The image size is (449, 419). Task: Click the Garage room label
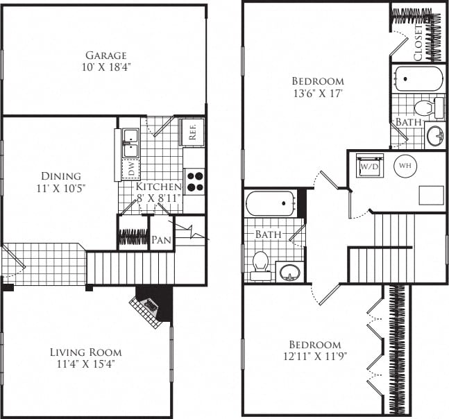pyautogui.click(x=106, y=55)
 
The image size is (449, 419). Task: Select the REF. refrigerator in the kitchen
pyautogui.click(x=192, y=131)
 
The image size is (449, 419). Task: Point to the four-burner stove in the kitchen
pyautogui.click(x=195, y=180)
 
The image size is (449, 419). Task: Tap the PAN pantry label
pyautogui.click(x=162, y=240)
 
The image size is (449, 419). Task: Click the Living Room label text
pyautogui.click(x=86, y=352)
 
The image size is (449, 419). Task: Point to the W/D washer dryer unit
pyautogui.click(x=368, y=166)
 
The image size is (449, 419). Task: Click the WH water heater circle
pyautogui.click(x=405, y=165)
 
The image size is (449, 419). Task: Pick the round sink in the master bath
pyautogui.click(x=435, y=135)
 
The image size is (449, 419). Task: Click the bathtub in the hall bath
pyautogui.click(x=271, y=205)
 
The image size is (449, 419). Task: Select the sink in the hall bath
pyautogui.click(x=289, y=271)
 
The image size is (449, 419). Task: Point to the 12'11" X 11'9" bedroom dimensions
pyautogui.click(x=314, y=357)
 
